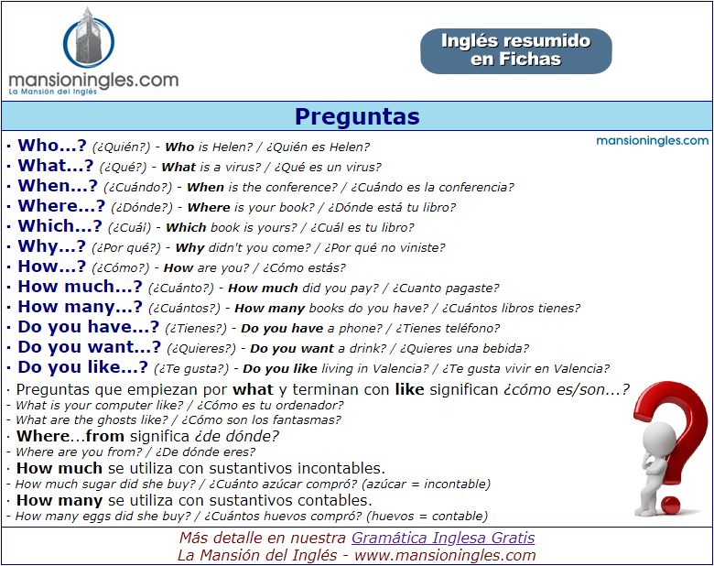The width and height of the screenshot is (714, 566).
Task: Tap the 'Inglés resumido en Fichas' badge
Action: click(516, 51)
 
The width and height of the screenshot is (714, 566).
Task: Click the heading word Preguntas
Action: click(357, 116)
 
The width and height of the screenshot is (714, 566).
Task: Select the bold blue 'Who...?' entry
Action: click(52, 146)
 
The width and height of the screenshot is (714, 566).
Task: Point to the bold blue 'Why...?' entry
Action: click(51, 246)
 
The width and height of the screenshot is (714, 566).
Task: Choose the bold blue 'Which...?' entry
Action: click(59, 226)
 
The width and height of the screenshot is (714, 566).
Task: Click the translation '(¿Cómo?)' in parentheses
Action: click(120, 268)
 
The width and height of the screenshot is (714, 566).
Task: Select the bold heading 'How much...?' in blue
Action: click(80, 287)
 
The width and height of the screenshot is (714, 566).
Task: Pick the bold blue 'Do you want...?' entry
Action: click(90, 347)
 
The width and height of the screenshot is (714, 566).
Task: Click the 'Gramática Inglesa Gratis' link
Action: click(443, 538)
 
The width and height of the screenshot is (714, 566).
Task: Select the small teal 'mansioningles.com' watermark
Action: click(652, 140)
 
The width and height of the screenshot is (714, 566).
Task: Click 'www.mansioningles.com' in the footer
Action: click(445, 556)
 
